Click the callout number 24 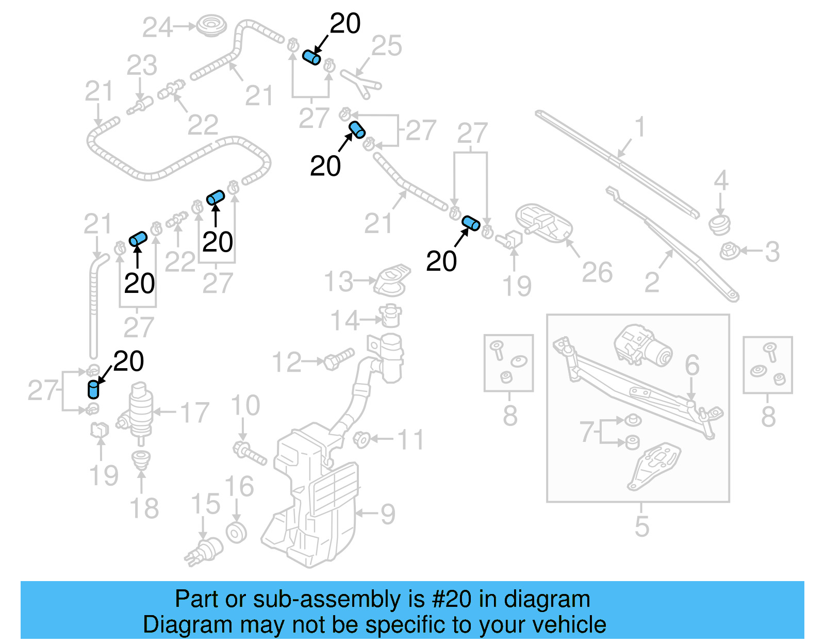157,27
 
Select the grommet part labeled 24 209,26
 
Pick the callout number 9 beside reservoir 387,514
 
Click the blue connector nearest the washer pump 93,389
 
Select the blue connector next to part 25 311,57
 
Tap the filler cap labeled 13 393,280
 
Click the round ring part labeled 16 236,533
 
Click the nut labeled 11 361,439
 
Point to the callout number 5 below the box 641,526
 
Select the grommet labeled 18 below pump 141,459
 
